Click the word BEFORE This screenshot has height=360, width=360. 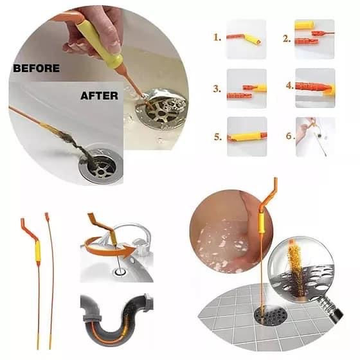(36, 68)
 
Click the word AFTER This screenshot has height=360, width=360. (99, 96)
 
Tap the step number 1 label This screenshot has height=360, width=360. (217, 37)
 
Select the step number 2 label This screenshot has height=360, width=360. (287, 39)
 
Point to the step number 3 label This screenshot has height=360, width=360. (217, 89)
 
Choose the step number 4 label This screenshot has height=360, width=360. (290, 85)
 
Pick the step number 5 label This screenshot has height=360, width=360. (218, 137)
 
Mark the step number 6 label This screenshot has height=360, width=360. (290, 136)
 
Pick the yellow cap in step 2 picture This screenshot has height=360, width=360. (304, 25)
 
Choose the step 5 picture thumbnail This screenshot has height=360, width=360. (247, 136)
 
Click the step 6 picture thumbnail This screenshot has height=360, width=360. (316, 137)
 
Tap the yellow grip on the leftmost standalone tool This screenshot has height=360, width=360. (37, 251)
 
